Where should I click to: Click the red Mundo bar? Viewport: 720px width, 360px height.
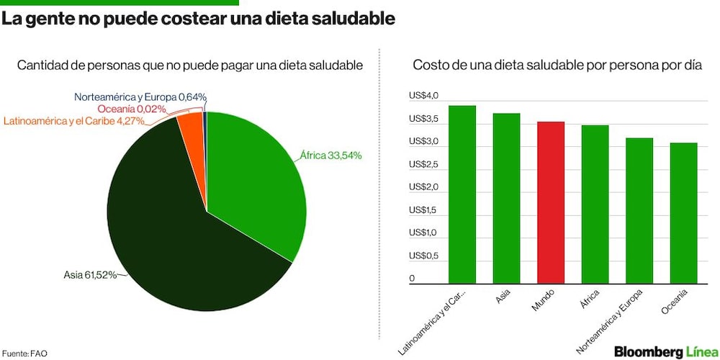[551, 202]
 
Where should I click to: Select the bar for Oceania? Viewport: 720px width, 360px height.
[683, 213]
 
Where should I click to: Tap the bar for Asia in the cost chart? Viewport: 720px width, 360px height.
[506, 199]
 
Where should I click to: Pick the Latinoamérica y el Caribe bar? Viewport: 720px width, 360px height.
[462, 194]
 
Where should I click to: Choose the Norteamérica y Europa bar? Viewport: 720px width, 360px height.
[639, 211]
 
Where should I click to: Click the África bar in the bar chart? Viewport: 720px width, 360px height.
[595, 204]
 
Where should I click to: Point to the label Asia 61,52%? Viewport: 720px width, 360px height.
[89, 276]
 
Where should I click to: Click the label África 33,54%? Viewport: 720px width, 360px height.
[331, 156]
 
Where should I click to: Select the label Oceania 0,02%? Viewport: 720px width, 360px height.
[131, 109]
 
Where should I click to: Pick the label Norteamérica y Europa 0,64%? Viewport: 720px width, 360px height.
[140, 97]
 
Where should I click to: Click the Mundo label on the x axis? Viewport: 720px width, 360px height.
[543, 300]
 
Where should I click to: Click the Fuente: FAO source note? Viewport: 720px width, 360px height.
[24, 354]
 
